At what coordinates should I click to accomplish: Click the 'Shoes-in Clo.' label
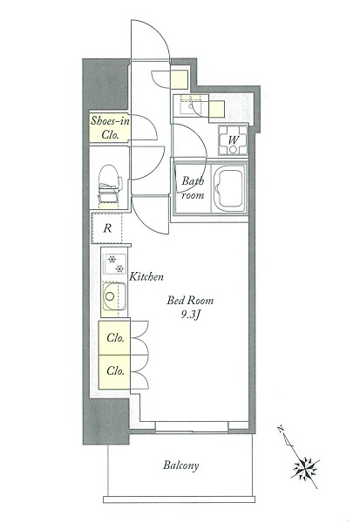pos(110,127)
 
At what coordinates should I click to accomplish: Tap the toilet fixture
pos(110,185)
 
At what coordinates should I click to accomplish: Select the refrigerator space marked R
pos(107,228)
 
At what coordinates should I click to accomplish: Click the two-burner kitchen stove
pos(115,264)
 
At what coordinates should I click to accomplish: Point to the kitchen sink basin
pos(114,297)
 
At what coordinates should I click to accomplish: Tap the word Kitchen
pos(146,277)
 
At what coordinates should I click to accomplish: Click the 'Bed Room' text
pos(190,301)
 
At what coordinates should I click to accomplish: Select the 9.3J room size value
pos(191,316)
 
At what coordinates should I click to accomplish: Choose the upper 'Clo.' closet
pos(114,337)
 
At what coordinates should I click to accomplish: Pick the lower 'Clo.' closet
pos(114,372)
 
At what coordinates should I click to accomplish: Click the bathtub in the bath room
pos(229,187)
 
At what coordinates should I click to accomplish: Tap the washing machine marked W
pos(233,140)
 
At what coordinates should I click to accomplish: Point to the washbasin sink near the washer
pos(191,105)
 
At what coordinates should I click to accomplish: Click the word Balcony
pos(180,465)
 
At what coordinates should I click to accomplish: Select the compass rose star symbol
pos(305,467)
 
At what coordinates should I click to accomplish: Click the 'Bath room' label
pos(193,188)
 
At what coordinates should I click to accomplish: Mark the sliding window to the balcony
pos(192,427)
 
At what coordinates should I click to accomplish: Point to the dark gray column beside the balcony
pos(106,421)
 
